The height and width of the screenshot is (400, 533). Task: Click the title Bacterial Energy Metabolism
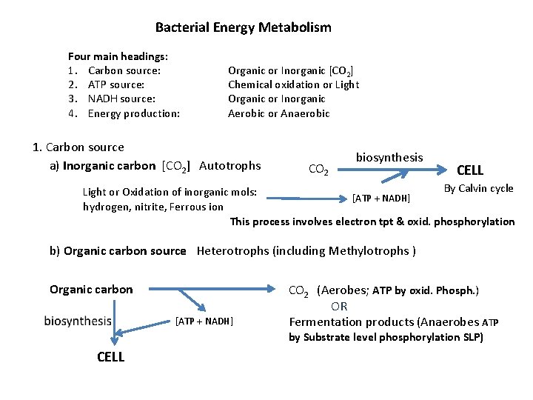pyautogui.click(x=243, y=28)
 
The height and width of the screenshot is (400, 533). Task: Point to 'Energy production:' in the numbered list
pyautogui.click(x=133, y=113)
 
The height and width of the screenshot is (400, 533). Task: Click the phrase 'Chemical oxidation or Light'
pyautogui.click(x=293, y=84)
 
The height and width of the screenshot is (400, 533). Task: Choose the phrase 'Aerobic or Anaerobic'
pyautogui.click(x=278, y=113)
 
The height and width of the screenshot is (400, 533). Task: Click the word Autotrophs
pyautogui.click(x=230, y=165)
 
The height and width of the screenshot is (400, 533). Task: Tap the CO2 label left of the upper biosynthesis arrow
pyautogui.click(x=318, y=170)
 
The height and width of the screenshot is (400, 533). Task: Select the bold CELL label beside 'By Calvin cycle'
pyautogui.click(x=470, y=170)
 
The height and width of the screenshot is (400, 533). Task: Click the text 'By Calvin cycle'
pyautogui.click(x=478, y=188)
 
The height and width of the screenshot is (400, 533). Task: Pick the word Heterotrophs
pyautogui.click(x=232, y=251)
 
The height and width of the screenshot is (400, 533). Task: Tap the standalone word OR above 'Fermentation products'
pyautogui.click(x=339, y=306)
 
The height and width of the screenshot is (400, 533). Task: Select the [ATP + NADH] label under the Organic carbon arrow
pyautogui.click(x=204, y=321)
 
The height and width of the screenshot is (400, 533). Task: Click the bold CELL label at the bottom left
pyautogui.click(x=110, y=357)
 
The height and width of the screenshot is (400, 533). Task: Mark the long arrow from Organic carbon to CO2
pyautogui.click(x=210, y=289)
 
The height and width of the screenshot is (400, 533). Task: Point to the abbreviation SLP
pyautogui.click(x=469, y=337)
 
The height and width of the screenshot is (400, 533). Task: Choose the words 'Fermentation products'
pyautogui.click(x=352, y=321)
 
